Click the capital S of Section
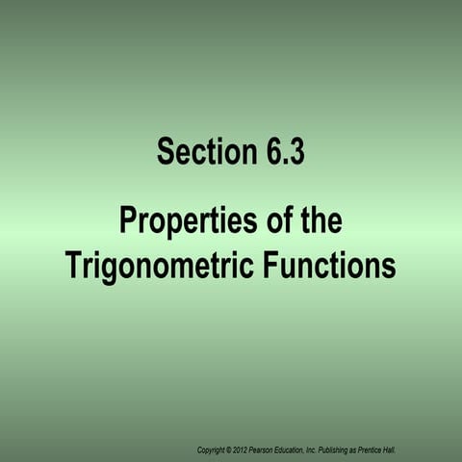click(165, 152)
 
